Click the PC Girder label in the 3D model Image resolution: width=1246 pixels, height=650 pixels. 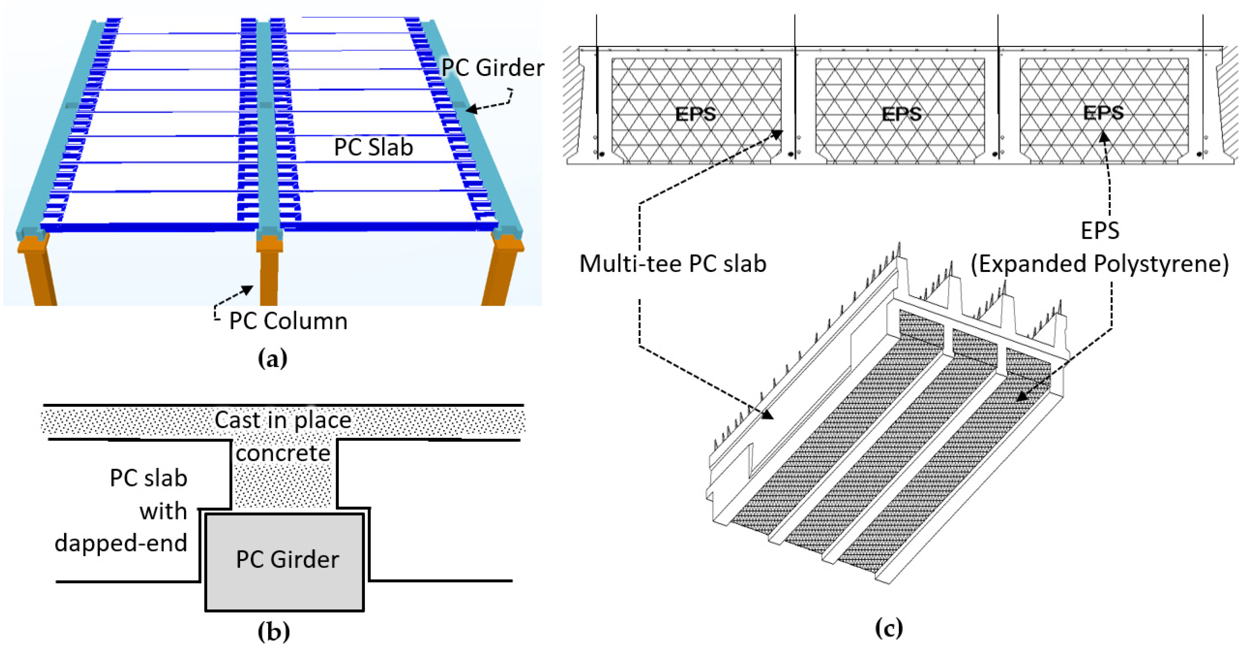pyautogui.click(x=492, y=68)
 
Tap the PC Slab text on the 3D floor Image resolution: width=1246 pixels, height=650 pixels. pyautogui.click(x=373, y=147)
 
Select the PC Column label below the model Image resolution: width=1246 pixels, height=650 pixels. pyautogui.click(x=288, y=321)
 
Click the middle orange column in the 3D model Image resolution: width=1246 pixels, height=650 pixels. pyautogui.click(x=269, y=276)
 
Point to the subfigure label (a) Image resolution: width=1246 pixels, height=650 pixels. pyautogui.click(x=273, y=359)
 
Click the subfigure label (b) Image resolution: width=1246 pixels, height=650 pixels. pyautogui.click(x=274, y=631)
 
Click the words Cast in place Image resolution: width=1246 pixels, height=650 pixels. pyautogui.click(x=283, y=420)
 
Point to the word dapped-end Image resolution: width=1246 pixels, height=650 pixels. pyautogui.click(x=121, y=543)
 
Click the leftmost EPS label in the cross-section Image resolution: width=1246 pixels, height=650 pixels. pyautogui.click(x=696, y=114)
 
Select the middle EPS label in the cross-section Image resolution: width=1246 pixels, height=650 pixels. pyautogui.click(x=901, y=114)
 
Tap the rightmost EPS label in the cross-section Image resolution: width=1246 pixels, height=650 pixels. pyautogui.click(x=1103, y=113)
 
